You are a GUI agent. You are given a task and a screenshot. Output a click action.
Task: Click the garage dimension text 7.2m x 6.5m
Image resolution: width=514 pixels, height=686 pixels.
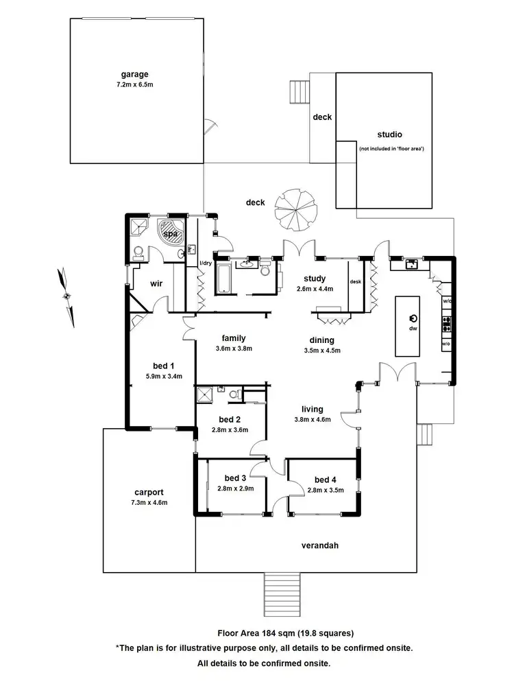pos(135,85)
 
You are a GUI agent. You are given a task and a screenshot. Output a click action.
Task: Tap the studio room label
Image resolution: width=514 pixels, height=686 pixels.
pos(389,134)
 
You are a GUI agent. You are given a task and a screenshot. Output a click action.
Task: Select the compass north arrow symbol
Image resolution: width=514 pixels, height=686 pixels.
pos(66,297)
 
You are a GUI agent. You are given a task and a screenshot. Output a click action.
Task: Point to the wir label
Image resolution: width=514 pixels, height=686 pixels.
pos(156,283)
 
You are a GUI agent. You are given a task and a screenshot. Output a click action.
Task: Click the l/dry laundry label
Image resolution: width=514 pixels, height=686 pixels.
pos(205,263)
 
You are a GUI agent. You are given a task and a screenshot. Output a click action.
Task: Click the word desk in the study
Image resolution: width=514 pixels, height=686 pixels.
pos(355,281)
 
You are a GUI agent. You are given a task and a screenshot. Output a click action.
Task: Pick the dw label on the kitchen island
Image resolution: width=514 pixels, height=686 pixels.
pos(413,329)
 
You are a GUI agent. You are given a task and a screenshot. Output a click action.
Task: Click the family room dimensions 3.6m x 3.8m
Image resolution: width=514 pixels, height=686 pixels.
pos(233,348)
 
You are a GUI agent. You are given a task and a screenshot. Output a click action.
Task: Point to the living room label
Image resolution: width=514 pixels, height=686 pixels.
pos(313,410)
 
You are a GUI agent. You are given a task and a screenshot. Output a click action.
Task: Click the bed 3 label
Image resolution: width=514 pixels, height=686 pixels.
pos(235,478)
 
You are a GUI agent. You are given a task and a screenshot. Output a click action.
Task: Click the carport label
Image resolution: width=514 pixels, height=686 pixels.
pos(149,492)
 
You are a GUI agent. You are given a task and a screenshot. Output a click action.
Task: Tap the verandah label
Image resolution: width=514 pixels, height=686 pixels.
pos(321,546)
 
